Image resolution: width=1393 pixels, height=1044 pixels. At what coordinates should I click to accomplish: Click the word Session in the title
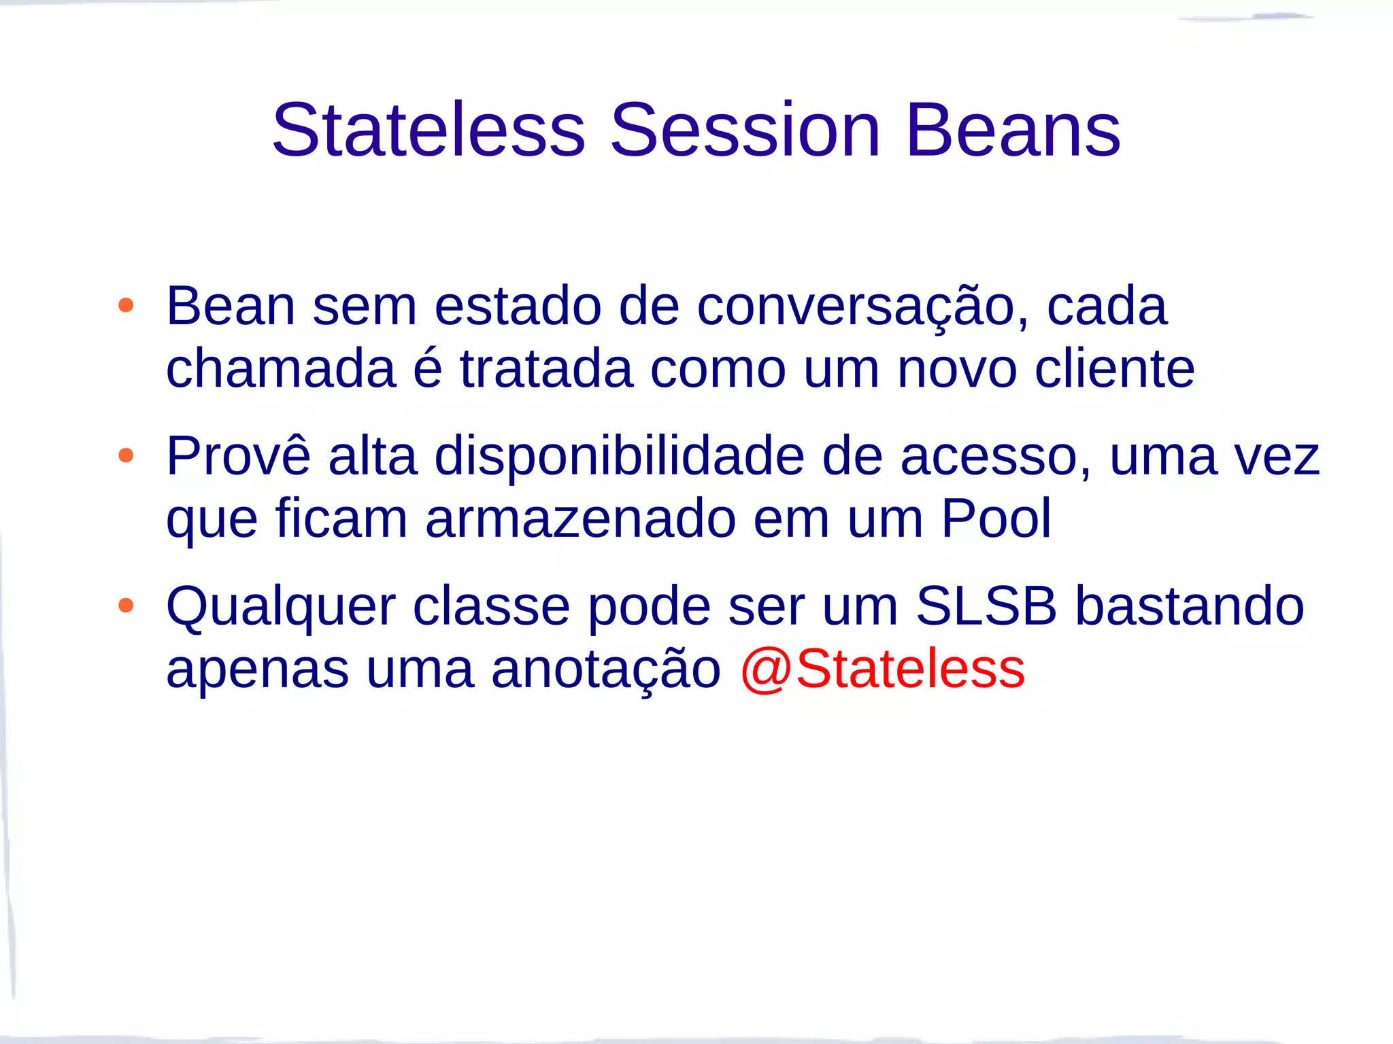745,130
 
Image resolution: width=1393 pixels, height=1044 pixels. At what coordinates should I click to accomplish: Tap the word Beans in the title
1013,130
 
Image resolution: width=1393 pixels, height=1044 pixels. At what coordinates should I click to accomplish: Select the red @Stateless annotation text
882,669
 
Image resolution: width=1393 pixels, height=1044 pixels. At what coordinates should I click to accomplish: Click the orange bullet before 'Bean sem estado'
126,305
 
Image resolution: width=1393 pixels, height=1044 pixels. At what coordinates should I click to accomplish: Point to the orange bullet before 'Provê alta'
126,455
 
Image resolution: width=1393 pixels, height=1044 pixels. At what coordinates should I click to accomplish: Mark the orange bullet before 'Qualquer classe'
126,605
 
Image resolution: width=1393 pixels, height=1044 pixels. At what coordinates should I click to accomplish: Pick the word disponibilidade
619,457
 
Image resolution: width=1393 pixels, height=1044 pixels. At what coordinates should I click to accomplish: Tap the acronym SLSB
986,606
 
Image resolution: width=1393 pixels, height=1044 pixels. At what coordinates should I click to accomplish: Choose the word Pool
996,519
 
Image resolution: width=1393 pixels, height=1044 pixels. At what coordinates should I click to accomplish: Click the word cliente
1114,369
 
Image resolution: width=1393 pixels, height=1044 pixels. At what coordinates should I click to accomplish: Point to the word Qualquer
281,607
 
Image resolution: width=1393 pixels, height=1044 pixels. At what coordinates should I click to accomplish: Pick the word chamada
281,369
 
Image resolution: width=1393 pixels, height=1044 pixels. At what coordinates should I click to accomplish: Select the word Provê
238,455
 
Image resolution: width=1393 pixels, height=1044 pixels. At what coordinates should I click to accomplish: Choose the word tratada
546,369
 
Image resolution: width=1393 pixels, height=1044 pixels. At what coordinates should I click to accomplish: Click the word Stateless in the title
429,130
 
